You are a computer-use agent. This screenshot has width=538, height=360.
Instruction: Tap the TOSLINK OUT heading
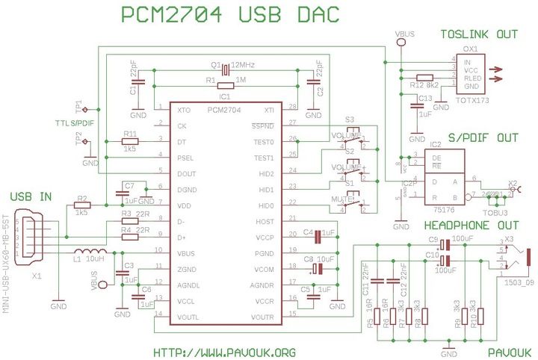pyautogui.click(x=478, y=34)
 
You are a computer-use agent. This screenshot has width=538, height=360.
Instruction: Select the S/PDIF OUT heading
pyautogui.click(x=479, y=137)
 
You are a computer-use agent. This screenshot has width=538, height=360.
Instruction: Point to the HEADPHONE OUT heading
pyautogui.click(x=471, y=225)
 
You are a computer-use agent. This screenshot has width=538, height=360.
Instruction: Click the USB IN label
pyautogui.click(x=31, y=196)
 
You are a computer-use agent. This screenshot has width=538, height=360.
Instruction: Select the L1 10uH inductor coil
pyautogui.click(x=92, y=252)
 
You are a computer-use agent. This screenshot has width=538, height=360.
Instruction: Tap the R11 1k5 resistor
pyautogui.click(x=130, y=140)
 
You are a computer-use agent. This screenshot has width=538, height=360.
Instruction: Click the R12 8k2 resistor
pyautogui.click(x=426, y=77)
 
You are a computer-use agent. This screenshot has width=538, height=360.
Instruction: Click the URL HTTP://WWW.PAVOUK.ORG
pyautogui.click(x=224, y=352)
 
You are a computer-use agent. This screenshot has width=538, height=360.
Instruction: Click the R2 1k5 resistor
pyautogui.click(x=82, y=205)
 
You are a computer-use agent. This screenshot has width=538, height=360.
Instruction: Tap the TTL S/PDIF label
pyautogui.click(x=75, y=122)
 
